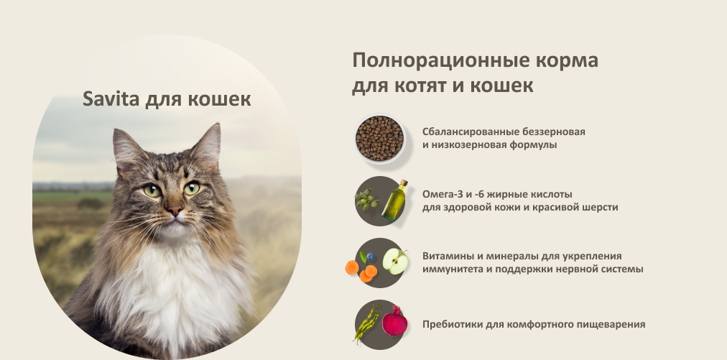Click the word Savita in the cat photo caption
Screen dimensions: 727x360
(111, 98)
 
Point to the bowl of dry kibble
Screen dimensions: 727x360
(380, 139)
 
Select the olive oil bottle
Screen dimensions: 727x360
(394, 200)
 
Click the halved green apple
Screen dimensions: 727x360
(396, 262)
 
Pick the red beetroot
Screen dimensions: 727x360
(394, 321)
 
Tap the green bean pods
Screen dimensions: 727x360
(367, 323)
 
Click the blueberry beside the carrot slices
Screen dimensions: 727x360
(371, 257)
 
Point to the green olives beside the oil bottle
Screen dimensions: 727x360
(367, 200)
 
